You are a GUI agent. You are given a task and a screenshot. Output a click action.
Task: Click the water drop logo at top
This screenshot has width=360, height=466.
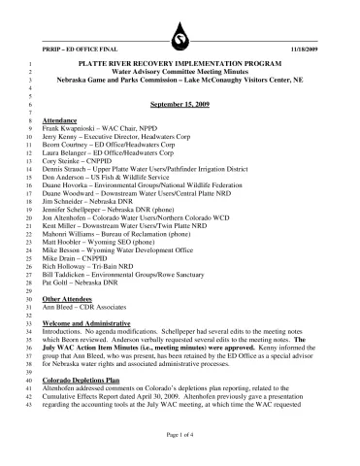tap(180, 40)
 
